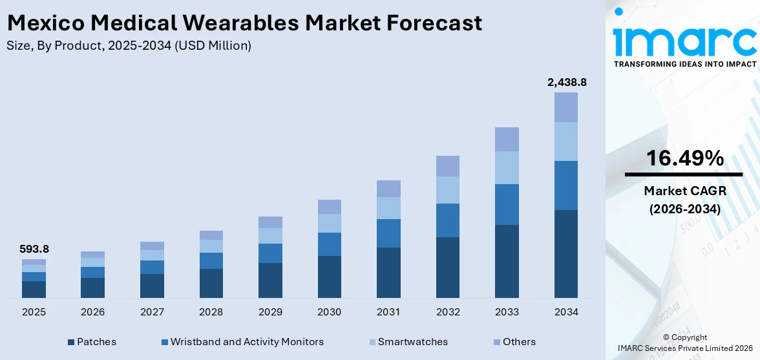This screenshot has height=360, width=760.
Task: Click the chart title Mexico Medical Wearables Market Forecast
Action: pos(244,23)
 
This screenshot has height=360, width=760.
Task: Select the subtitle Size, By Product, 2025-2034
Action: pos(129,45)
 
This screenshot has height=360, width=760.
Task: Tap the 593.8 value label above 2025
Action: pos(34,249)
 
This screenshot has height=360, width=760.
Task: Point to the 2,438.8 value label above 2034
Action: pos(566,82)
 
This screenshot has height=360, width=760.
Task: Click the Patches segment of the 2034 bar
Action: pos(566,253)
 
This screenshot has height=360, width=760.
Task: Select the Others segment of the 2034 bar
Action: pos(566,107)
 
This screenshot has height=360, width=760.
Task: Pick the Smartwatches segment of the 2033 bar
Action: pos(507,167)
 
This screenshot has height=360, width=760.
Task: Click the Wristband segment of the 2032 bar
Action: pos(448,220)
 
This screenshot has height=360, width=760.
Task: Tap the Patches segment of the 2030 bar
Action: pos(330,277)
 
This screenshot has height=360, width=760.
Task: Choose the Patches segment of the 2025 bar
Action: pos(34,290)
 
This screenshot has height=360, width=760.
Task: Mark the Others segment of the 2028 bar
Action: pos(211,235)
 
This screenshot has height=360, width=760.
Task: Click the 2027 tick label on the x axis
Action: pos(152,312)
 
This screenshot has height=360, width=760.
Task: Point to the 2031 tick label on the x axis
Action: pos(388,312)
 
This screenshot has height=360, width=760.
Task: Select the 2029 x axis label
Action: pos(270,312)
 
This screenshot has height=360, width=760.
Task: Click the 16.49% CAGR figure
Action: pos(683,158)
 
